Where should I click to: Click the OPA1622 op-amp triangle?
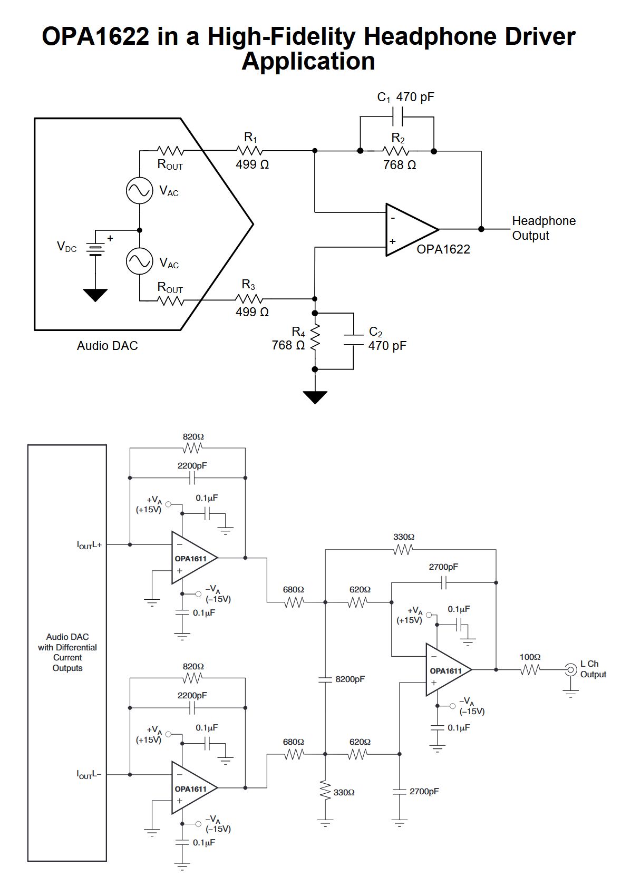click(409, 229)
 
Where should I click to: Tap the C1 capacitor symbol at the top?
click(398, 116)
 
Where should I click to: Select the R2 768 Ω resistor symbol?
click(397, 151)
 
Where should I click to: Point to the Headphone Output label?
click(543, 228)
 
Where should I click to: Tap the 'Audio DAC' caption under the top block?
click(107, 346)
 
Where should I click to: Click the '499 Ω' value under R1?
click(252, 164)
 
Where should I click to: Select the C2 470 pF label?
click(387, 339)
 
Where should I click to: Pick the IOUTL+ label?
click(89, 545)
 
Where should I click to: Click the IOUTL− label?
click(89, 774)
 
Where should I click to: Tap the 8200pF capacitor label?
click(350, 679)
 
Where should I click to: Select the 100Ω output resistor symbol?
click(530, 670)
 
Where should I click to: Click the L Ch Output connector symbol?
click(570, 670)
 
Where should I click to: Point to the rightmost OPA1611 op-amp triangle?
click(446, 670)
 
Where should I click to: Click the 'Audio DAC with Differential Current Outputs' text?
click(67, 653)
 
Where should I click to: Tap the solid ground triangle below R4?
click(315, 397)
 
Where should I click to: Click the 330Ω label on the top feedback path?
click(403, 537)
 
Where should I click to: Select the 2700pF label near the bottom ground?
click(424, 792)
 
